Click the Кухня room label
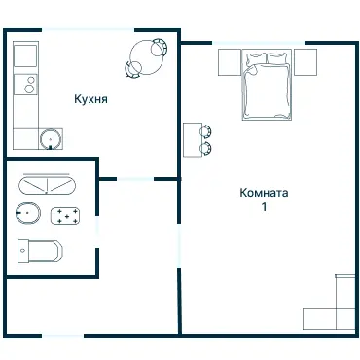pos(90,99)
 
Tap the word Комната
pos(264,193)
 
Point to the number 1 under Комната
pos(265,206)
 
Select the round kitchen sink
pos(51,139)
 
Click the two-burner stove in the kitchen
pos(25,85)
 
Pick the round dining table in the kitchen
pos(146,57)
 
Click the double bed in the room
pos(267,85)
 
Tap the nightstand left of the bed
pos(230,62)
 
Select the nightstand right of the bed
pos(305,62)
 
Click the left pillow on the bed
pos(256,58)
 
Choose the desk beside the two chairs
pos(193,140)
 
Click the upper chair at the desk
pos(206,131)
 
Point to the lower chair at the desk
pos(206,149)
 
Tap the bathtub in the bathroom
pos(46,186)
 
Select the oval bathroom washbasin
pos(28,213)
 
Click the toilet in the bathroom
pos(40,251)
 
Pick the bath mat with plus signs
pos(65,216)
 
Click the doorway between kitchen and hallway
pos(135,179)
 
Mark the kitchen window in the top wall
pos(88,30)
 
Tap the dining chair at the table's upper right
pos(160,47)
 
